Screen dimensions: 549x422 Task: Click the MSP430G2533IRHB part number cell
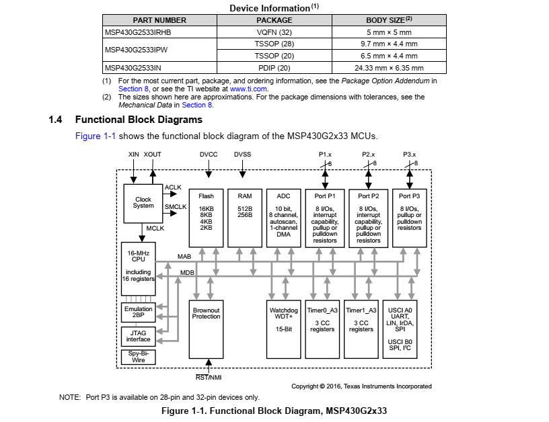pos(159,32)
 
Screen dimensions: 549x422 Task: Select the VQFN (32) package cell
pos(274,32)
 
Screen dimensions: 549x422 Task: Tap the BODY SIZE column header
pos(389,20)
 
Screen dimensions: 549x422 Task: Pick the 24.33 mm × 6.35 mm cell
pos(389,68)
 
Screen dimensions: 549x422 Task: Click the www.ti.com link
pos(248,89)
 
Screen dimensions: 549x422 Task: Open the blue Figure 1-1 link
pos(96,136)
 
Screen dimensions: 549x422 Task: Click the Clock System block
pos(143,204)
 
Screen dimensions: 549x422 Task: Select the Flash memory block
pos(206,218)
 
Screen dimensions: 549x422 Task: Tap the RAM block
pos(245,218)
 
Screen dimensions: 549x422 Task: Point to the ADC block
pos(284,218)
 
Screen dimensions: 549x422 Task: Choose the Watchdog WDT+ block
pos(284,329)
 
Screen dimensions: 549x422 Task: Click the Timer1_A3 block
pos(361,329)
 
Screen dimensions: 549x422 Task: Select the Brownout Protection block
pos(206,329)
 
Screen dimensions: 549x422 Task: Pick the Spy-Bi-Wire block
pos(139,357)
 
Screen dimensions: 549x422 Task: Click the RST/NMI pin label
pos(209,377)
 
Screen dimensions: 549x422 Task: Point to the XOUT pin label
pos(152,154)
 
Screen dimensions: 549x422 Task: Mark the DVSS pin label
pos(242,154)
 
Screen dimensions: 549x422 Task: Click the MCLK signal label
pos(155,228)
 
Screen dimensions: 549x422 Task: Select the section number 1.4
pos(55,120)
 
